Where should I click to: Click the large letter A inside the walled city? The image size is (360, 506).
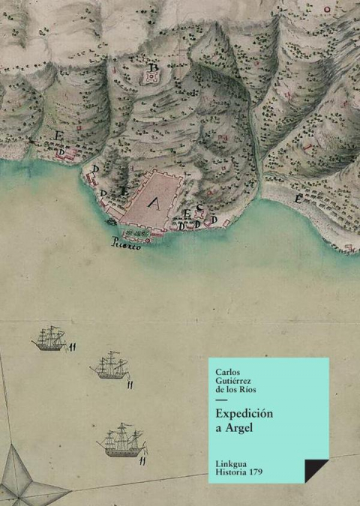[x=155, y=201]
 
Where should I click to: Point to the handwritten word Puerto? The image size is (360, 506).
[x=125, y=245]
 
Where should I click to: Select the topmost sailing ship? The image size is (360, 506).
[x=49, y=338]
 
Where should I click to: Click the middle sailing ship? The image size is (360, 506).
[x=110, y=367]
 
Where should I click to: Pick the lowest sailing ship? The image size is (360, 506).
[x=122, y=439]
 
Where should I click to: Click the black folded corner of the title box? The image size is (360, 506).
[x=315, y=471]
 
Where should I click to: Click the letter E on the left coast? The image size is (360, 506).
[x=58, y=136]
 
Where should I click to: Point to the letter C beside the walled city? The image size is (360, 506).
[x=200, y=208]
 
